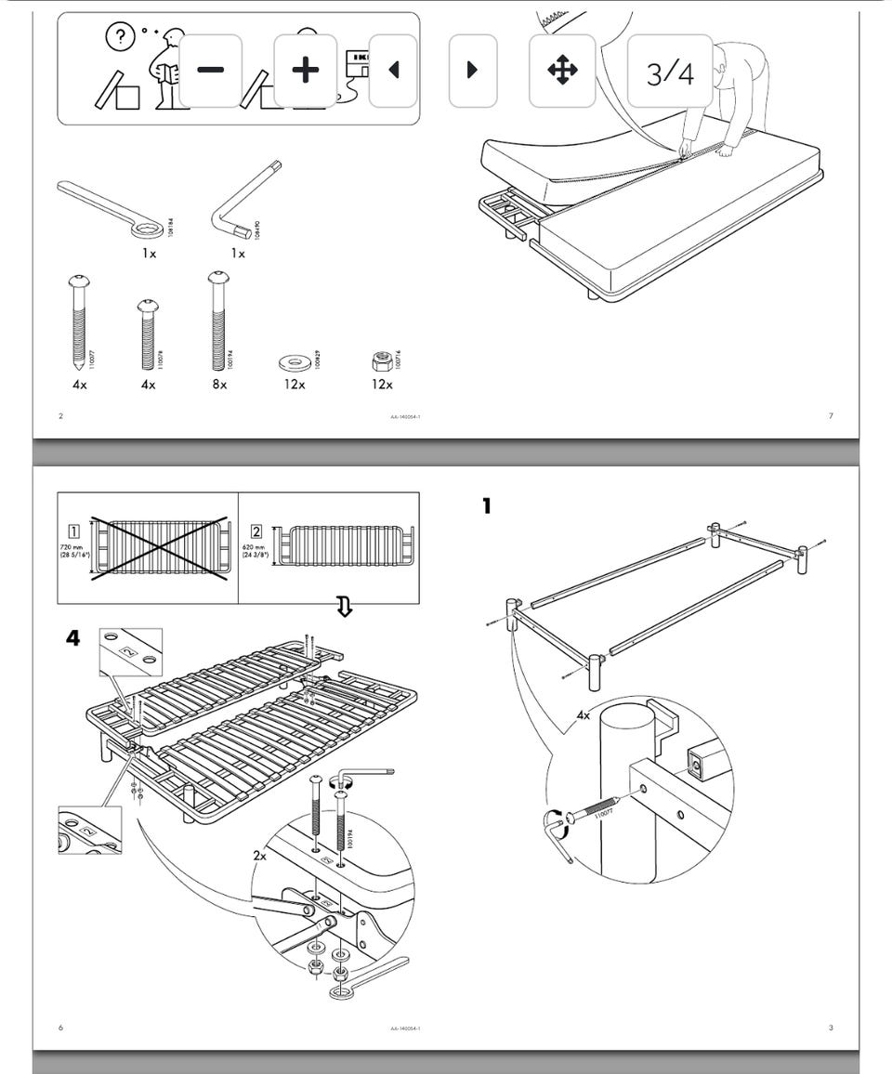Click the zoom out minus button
coord(210,71)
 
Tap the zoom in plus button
coord(305,71)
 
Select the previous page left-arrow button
coord(393,71)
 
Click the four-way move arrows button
coord(562,71)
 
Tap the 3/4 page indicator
coord(670,72)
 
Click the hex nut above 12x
coord(380,360)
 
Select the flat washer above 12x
coord(295,361)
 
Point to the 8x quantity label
coord(219,384)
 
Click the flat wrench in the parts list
coord(108,206)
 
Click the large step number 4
coord(72,638)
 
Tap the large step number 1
coord(486,506)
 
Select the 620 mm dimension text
coord(255,551)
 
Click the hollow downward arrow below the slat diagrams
coord(344,607)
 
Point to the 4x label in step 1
coord(583,715)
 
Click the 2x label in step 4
coord(259,855)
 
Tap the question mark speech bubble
coord(120,36)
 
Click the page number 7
coord(831,415)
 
